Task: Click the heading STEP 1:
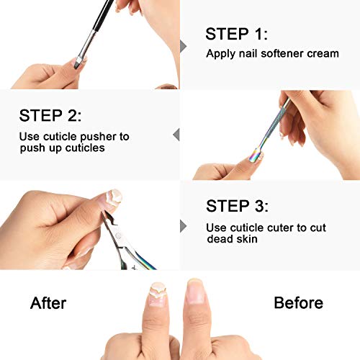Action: point(236,34)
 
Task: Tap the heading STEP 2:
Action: point(50,115)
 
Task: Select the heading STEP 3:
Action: point(237,206)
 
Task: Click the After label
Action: point(48,303)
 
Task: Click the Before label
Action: point(298,302)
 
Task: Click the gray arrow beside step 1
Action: point(183,46)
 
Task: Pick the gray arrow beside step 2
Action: point(176,135)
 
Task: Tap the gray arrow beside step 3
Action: point(183,226)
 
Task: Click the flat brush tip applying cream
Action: point(78,62)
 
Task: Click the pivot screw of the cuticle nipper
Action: point(117,235)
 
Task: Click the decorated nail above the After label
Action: point(158,294)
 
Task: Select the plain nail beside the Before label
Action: point(196,291)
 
